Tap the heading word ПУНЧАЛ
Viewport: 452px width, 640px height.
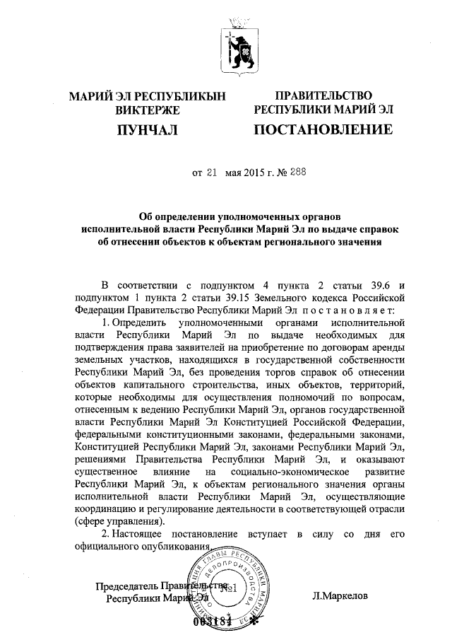click(148, 129)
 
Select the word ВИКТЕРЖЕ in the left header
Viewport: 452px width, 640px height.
click(148, 110)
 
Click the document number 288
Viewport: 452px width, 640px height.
click(278, 172)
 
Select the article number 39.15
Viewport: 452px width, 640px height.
click(224, 297)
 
